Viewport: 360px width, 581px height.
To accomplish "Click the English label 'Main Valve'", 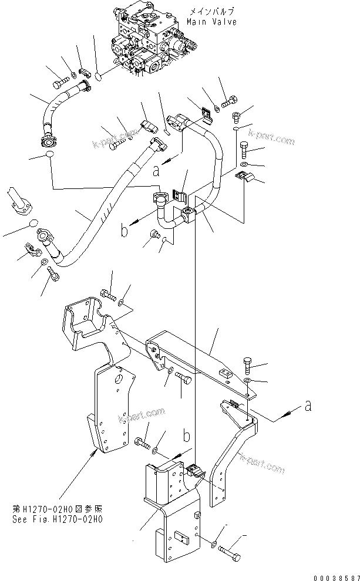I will [x=212, y=22].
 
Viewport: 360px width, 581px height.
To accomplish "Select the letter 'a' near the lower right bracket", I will [x=308, y=406].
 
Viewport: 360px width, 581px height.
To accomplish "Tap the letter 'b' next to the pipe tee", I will [x=125, y=231].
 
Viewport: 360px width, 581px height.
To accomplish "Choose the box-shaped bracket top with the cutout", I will [x=85, y=319].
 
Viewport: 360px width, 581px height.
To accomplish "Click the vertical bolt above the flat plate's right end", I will [x=247, y=366].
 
